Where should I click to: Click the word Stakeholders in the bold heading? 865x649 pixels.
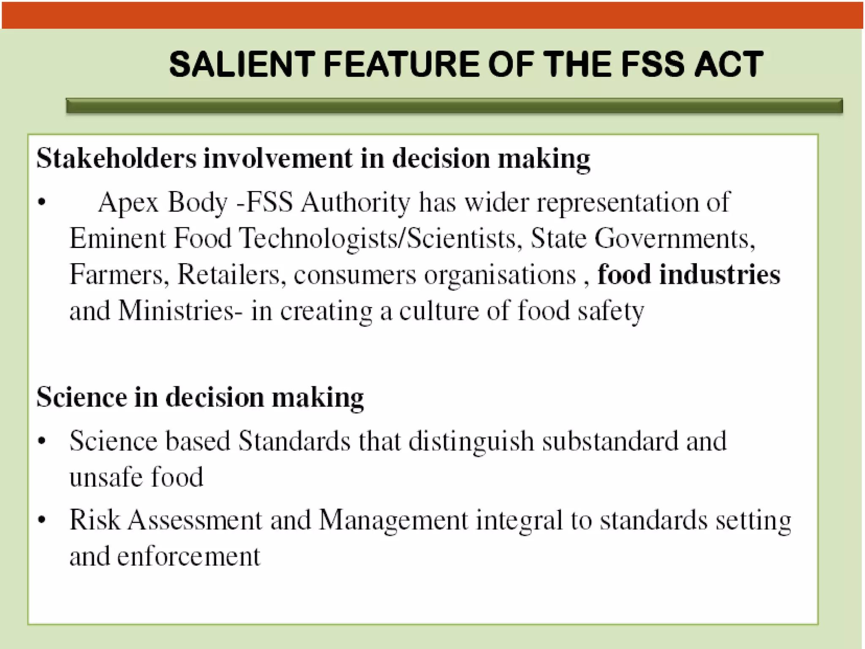(x=117, y=158)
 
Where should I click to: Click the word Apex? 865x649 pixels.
(x=128, y=203)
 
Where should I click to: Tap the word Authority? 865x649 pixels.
(x=355, y=203)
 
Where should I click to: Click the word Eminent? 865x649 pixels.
(x=118, y=238)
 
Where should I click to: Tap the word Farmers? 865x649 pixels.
(x=117, y=275)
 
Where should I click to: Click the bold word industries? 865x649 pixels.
(x=720, y=275)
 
